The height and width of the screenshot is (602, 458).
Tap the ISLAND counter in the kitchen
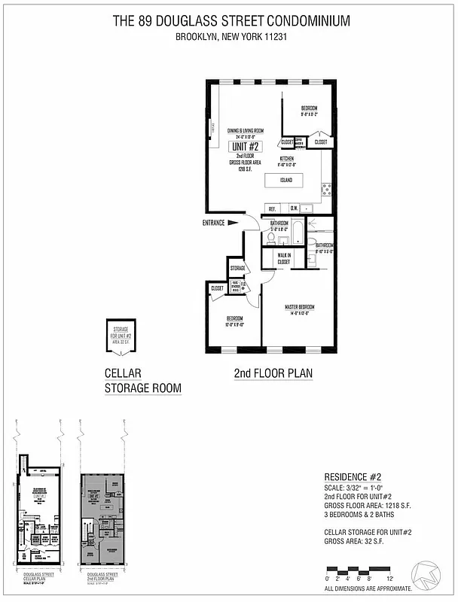tap(285, 181)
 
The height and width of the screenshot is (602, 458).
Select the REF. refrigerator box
tap(273, 208)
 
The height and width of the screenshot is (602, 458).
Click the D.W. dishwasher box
tap(295, 208)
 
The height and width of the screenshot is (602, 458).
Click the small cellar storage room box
tap(120, 335)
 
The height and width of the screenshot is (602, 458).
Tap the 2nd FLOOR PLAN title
tap(273, 373)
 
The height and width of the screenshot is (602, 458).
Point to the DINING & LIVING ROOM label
tap(244, 131)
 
